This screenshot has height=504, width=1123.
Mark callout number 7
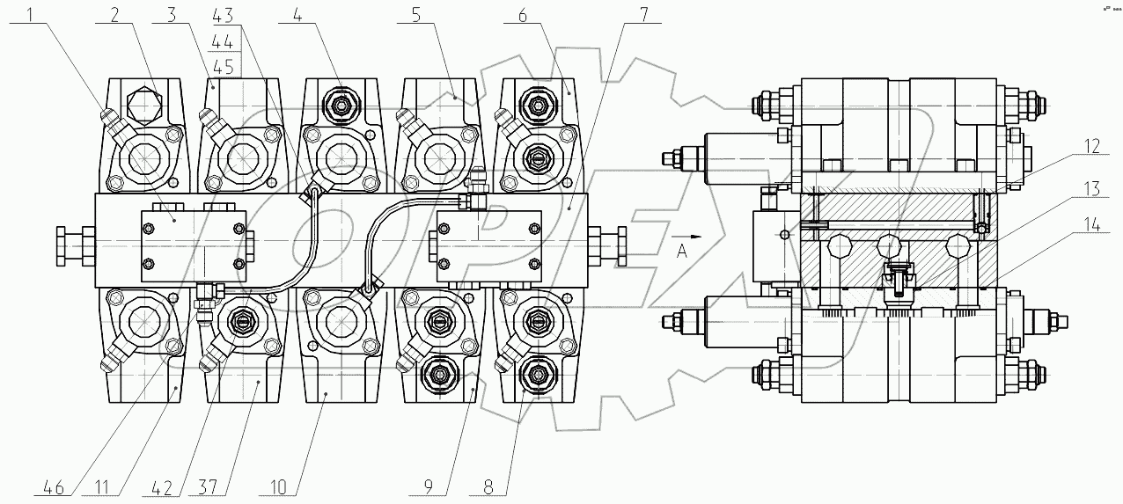[x=644, y=15]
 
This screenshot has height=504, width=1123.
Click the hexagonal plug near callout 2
[x=144, y=106]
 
